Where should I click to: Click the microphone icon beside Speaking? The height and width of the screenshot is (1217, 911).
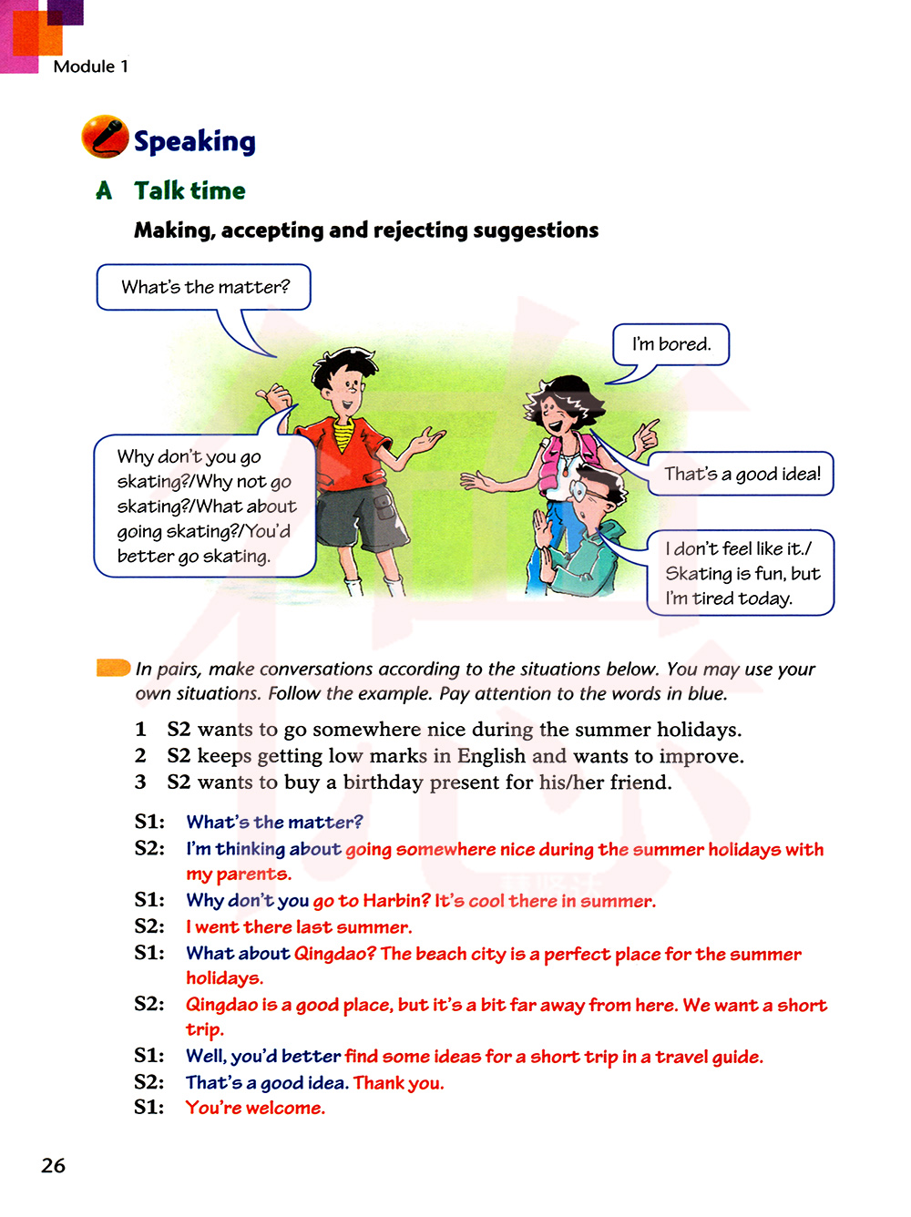(x=105, y=137)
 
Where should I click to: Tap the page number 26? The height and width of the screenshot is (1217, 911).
(x=54, y=1165)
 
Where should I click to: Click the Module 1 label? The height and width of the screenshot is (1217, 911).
(x=90, y=66)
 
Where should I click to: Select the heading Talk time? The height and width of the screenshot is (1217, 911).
(x=189, y=190)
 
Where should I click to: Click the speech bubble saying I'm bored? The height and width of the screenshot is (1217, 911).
(x=670, y=344)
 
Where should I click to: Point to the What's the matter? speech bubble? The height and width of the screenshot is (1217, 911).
(x=204, y=287)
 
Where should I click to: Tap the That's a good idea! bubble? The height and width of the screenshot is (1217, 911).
(x=742, y=474)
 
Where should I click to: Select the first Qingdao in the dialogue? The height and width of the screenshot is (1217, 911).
(x=334, y=954)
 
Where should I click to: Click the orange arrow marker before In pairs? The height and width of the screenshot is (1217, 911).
(x=113, y=668)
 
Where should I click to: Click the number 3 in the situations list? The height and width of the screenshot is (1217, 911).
(x=140, y=782)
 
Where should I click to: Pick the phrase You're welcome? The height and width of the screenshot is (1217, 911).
(x=255, y=1108)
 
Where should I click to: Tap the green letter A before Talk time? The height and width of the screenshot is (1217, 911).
(x=104, y=190)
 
